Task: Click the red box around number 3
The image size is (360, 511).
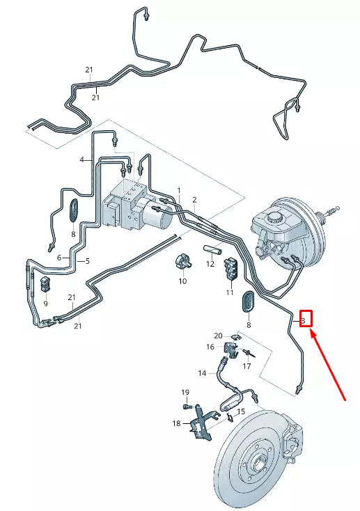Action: (x=304, y=319)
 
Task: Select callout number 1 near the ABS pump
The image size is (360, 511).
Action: (x=178, y=190)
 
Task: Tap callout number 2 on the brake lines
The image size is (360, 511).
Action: (x=194, y=200)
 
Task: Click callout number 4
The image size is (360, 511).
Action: (x=81, y=160)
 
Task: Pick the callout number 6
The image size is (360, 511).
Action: (x=59, y=258)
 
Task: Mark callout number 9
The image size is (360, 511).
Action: (x=45, y=304)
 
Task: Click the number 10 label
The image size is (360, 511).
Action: (x=182, y=281)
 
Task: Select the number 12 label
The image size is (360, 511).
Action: (x=210, y=265)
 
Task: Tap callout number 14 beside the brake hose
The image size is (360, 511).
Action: (x=201, y=374)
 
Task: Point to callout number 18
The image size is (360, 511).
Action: (x=176, y=423)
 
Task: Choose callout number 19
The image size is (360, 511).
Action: (x=185, y=393)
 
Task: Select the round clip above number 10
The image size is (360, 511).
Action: (x=182, y=262)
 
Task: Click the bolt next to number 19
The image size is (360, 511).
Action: (x=187, y=406)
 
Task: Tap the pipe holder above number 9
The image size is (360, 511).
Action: (x=47, y=284)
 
